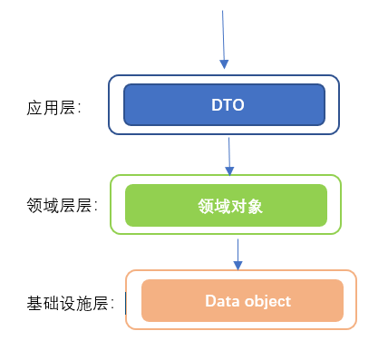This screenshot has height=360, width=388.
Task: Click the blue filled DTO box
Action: pyautogui.click(x=224, y=104)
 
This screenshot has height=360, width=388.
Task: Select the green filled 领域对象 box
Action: pyautogui.click(x=226, y=205)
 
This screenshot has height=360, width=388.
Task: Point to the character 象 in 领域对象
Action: pyautogui.click(x=255, y=207)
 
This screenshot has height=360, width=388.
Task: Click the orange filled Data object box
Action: pyautogui.click(x=242, y=300)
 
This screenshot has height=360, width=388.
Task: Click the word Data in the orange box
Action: pyautogui.click(x=222, y=301)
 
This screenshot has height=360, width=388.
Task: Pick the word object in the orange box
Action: pyautogui.click(x=267, y=302)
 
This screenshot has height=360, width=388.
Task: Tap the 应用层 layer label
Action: pyautogui.click(x=53, y=108)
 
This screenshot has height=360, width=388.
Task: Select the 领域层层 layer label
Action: pyautogui.click(x=62, y=206)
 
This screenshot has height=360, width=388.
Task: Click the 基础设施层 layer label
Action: pyautogui.click(x=71, y=303)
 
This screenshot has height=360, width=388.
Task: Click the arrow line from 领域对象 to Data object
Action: pyautogui.click(x=238, y=255)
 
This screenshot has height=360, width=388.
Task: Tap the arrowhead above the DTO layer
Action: pyautogui.click(x=224, y=64)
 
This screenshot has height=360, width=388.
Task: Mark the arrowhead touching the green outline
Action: pyautogui.click(x=229, y=171)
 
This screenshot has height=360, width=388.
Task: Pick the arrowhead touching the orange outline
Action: pyautogui.click(x=238, y=266)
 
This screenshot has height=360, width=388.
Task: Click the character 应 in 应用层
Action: pyautogui.click(x=34, y=108)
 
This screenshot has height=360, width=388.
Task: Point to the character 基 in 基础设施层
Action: pyautogui.click(x=34, y=303)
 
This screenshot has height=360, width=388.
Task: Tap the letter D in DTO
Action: pyautogui.click(x=217, y=105)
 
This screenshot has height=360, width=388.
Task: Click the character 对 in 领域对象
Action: pyautogui.click(x=238, y=207)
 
